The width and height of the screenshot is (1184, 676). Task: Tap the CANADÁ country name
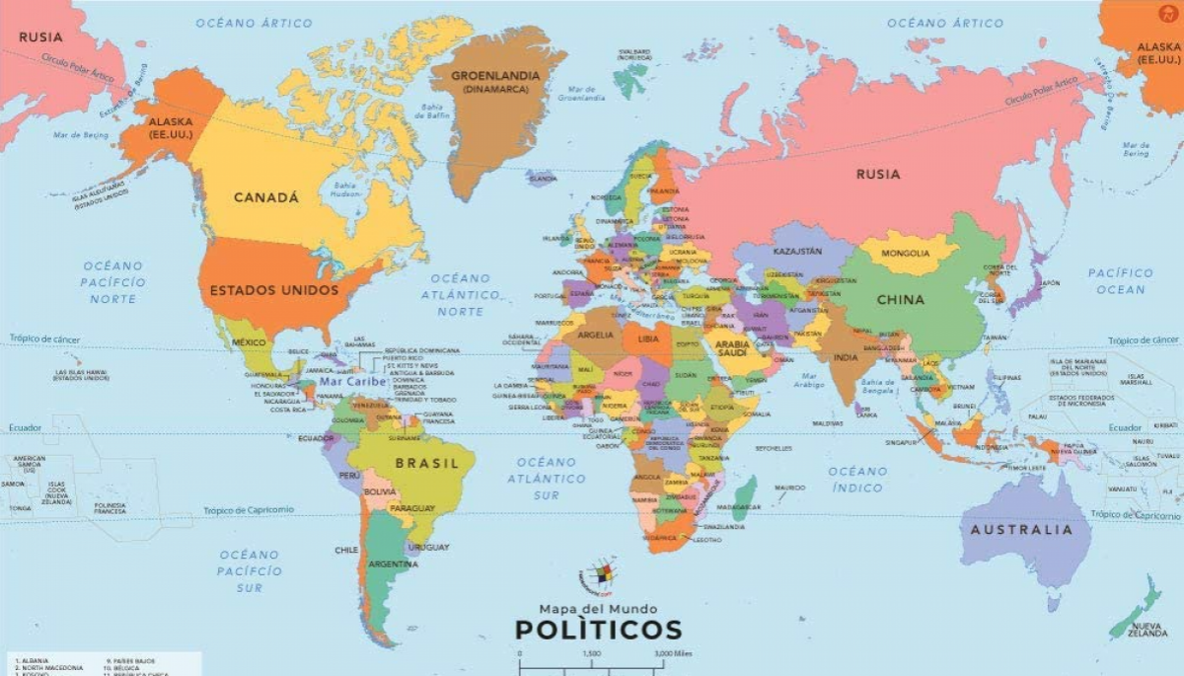tap(266, 197)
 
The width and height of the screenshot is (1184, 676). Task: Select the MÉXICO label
tap(249, 342)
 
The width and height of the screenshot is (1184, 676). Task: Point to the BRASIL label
tap(427, 463)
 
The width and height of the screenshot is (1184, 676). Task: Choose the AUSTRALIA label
tap(1021, 530)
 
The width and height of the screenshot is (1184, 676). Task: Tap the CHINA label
tap(900, 299)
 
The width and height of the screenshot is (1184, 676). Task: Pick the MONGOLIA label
tap(906, 254)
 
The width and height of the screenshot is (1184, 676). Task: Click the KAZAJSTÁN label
tap(796, 252)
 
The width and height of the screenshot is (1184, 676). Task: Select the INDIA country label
tap(846, 357)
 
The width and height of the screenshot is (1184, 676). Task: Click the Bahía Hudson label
tap(344, 189)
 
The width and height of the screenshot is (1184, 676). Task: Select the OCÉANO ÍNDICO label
tap(857, 479)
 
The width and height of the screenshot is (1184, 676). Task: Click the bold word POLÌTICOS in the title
tap(598, 629)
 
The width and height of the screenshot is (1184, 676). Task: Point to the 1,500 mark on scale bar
tap(591, 654)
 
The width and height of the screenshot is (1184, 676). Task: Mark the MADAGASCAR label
tap(738, 507)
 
